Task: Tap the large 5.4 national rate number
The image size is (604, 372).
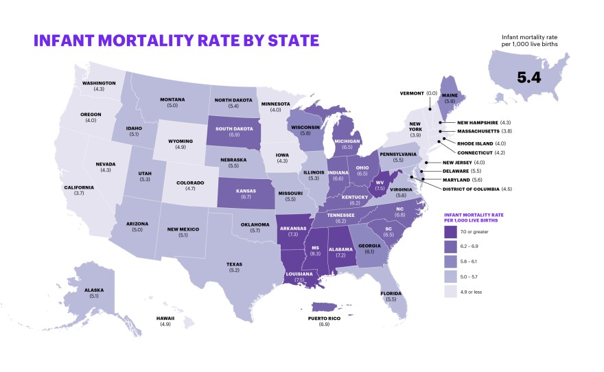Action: pyautogui.click(x=529, y=77)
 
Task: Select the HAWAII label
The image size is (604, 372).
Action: pyautogui.click(x=165, y=318)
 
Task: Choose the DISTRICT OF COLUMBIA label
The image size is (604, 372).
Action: pyautogui.click(x=473, y=189)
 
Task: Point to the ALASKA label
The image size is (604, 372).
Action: pyautogui.click(x=95, y=290)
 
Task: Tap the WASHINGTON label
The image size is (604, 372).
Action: pyautogui.click(x=99, y=83)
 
